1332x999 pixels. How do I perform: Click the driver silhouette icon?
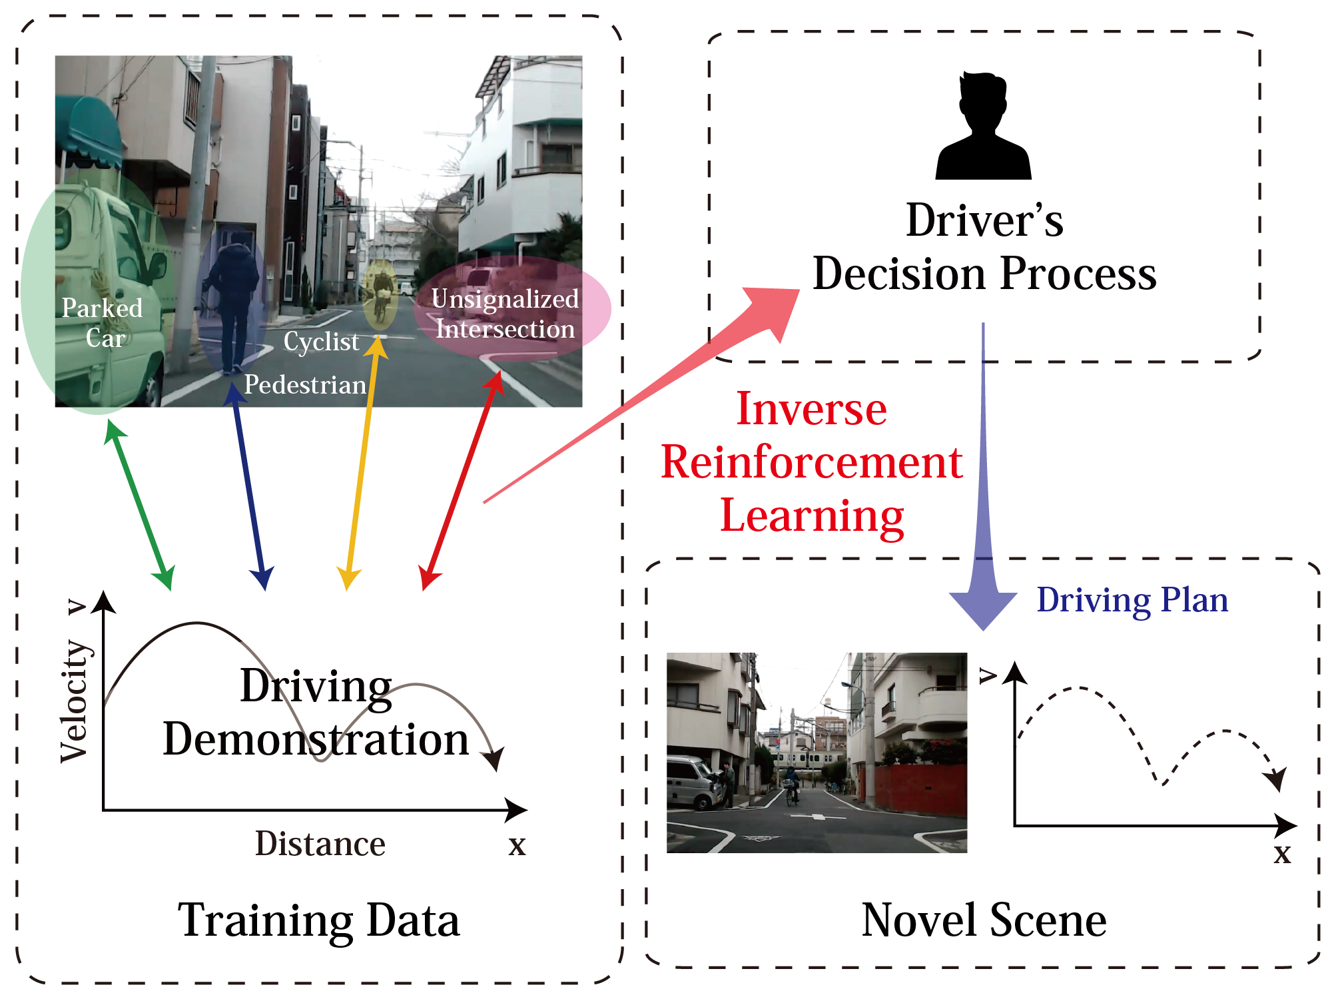983,127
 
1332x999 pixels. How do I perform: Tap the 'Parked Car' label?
103,323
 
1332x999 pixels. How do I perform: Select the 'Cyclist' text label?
321,341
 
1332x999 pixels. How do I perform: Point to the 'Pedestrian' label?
305,385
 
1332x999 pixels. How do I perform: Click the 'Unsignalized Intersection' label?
505,314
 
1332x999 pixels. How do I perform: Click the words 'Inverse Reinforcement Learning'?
811,462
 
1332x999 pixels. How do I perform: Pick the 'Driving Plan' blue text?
1132,600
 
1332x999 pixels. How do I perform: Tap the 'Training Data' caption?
318,920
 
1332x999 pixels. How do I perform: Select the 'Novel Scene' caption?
984,920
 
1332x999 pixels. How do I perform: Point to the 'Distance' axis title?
320,844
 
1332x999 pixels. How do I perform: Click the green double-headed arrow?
140,505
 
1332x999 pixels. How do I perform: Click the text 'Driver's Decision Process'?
984,247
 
